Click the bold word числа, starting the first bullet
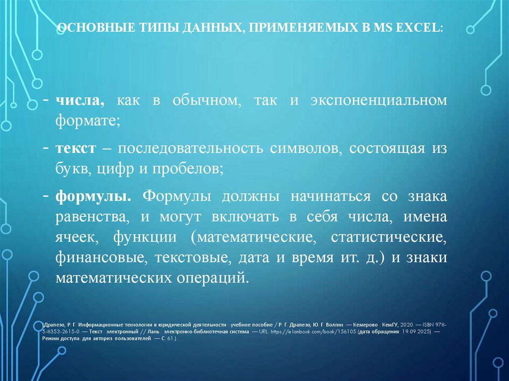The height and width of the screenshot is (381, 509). (80, 101)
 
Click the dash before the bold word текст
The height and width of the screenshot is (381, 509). (46, 149)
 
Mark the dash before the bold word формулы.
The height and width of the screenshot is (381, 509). (46, 196)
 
